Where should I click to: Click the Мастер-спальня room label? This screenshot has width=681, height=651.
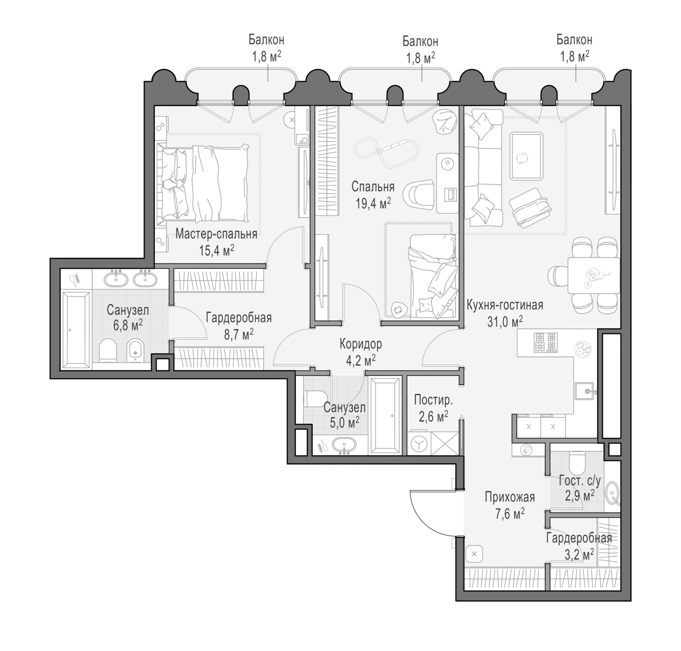pyautogui.click(x=216, y=234)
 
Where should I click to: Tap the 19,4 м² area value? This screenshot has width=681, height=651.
pyautogui.click(x=373, y=203)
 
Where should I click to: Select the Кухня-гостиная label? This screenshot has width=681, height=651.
pyautogui.click(x=505, y=305)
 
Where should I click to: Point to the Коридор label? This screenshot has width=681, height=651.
pyautogui.click(x=361, y=344)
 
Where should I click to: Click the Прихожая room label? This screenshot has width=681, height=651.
pyautogui.click(x=510, y=497)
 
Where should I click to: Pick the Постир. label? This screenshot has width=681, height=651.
pyautogui.click(x=433, y=399)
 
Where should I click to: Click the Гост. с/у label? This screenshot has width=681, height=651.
pyautogui.click(x=579, y=481)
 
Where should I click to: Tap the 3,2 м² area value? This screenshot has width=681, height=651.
pyautogui.click(x=579, y=553)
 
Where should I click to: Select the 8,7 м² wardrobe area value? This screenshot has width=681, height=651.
pyautogui.click(x=239, y=334)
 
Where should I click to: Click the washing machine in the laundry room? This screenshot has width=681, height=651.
pyautogui.click(x=419, y=444)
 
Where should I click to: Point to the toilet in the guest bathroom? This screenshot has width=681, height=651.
pyautogui.click(x=577, y=462)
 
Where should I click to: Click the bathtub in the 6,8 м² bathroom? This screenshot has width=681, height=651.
pyautogui.click(x=75, y=330)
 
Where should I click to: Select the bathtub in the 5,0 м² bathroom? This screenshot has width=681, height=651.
pyautogui.click(x=385, y=416)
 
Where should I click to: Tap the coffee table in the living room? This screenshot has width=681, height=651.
pyautogui.click(x=527, y=156)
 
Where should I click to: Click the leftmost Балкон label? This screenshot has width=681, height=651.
pyautogui.click(x=266, y=40)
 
